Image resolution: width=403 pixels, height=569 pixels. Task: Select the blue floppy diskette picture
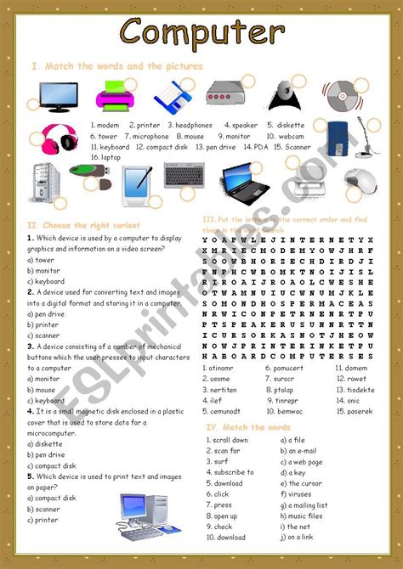point(171,96)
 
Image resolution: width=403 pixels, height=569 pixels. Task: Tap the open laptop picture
point(246,179)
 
